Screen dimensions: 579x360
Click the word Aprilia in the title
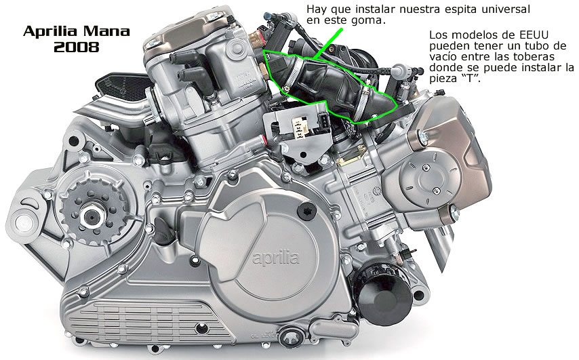(x=49, y=32)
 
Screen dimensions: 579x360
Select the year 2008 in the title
(x=77, y=47)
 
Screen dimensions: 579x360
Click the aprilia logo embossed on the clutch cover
(x=275, y=257)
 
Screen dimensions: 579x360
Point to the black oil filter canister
(x=384, y=294)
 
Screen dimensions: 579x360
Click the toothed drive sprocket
(x=90, y=216)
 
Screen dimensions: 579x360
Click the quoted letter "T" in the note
(x=470, y=78)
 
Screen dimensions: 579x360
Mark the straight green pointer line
(x=328, y=43)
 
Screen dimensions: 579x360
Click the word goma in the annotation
(x=369, y=20)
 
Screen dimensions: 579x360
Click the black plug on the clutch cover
(x=306, y=210)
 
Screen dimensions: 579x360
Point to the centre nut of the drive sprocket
(x=91, y=216)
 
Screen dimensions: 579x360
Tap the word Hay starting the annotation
(x=315, y=9)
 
